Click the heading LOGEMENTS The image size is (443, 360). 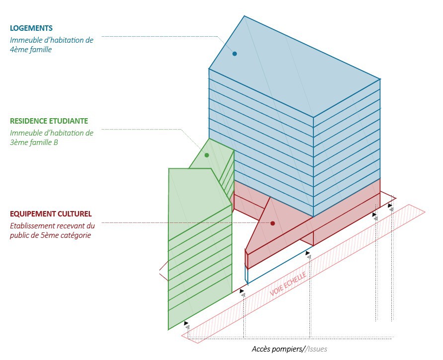tap(31, 28)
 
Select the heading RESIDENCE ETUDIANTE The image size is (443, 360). tap(49, 121)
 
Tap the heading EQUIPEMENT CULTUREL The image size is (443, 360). tap(51, 214)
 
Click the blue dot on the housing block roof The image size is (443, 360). tap(235, 54)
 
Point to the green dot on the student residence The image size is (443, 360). tap(207, 155)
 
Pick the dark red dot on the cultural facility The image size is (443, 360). tap(273, 223)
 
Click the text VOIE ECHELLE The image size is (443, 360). tap(288, 285)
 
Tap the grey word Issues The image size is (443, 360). tap(317, 349)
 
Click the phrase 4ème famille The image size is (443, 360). tap(31, 50)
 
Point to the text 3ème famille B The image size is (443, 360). tap(34, 143)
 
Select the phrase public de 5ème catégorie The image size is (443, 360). tap(50, 235)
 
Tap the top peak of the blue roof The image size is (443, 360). tap(244, 16)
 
